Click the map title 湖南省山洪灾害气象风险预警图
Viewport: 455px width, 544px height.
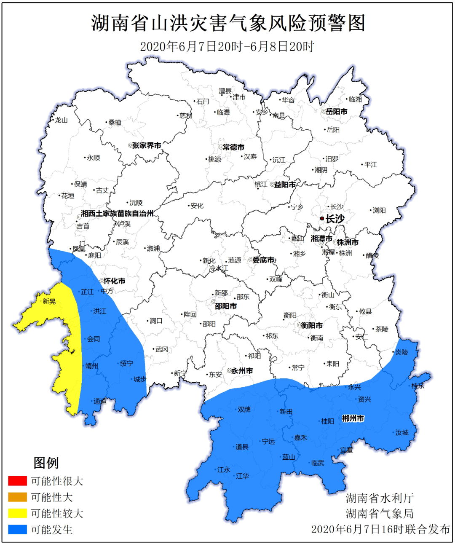(x=228, y=23)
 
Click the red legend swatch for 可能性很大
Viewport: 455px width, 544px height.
(x=17, y=481)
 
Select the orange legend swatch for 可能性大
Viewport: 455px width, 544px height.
(x=17, y=497)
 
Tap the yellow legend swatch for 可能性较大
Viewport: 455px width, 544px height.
(x=17, y=513)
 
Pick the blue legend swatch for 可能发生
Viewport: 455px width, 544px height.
(x=17, y=530)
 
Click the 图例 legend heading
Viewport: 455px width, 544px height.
(x=46, y=463)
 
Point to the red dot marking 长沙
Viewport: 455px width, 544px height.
(x=322, y=218)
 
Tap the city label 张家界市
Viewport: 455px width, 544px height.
(x=147, y=145)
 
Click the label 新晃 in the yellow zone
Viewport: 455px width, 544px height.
(x=49, y=301)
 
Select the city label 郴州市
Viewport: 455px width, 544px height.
(x=353, y=418)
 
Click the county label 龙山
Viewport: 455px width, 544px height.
(x=61, y=120)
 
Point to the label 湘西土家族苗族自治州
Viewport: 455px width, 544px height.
(x=118, y=214)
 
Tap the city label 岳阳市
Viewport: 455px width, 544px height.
(x=337, y=112)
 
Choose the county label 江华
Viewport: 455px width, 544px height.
(x=242, y=476)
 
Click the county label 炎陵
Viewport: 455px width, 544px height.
(x=401, y=352)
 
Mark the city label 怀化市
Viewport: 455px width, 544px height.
(x=114, y=281)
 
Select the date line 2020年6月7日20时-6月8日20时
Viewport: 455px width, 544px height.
(x=227, y=46)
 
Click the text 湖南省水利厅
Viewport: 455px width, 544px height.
(x=380, y=498)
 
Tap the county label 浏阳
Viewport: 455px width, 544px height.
(x=379, y=210)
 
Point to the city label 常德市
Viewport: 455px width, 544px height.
(x=233, y=147)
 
